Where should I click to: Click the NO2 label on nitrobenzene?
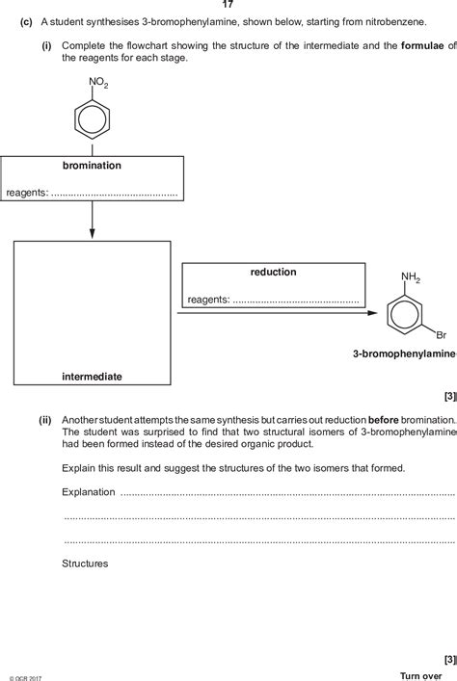click(x=99, y=85)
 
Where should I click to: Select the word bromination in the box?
click(x=92, y=166)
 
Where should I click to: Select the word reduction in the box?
click(x=273, y=273)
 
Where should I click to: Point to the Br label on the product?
click(x=441, y=335)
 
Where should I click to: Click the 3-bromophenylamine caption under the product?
click(x=403, y=355)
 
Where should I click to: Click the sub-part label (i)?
click(x=45, y=45)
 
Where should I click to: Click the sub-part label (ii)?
click(x=44, y=393)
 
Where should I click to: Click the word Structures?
click(x=85, y=563)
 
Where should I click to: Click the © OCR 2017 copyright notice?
click(x=25, y=677)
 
